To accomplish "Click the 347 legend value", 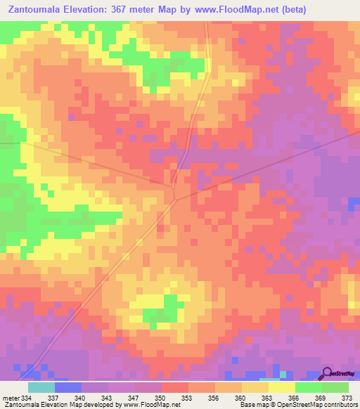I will tap(134, 397).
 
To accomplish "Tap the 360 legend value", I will tap(242, 397).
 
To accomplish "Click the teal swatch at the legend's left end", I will tap(41, 387).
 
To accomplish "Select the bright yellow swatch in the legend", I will tap(281, 387).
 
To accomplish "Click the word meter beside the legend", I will tap(11, 397).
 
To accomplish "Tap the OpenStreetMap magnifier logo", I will tap(327, 373).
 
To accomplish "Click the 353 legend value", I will tap(188, 397).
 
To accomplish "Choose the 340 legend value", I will tap(81, 397).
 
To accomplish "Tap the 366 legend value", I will tap(295, 397).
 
